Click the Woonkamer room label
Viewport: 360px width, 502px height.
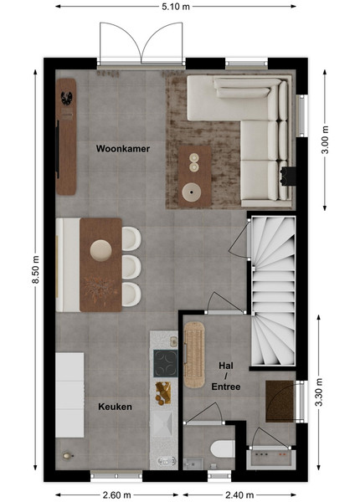click(x=123, y=149)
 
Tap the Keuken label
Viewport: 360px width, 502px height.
click(x=115, y=407)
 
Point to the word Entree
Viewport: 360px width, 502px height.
click(x=226, y=387)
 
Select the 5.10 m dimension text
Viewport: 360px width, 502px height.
click(x=176, y=7)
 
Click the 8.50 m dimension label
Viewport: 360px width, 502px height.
click(x=35, y=269)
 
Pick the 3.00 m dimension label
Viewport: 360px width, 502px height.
click(x=325, y=140)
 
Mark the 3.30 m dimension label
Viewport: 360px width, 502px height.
click(x=319, y=392)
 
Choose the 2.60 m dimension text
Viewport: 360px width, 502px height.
click(x=116, y=495)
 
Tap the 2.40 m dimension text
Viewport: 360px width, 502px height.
click(x=239, y=495)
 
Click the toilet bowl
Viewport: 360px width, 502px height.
click(x=223, y=448)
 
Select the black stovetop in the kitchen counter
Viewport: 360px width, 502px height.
click(x=166, y=363)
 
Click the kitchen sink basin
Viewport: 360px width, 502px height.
click(x=162, y=423)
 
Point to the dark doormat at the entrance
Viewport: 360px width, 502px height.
click(x=280, y=401)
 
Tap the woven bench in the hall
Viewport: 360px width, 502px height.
click(x=194, y=355)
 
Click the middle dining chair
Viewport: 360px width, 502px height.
click(x=131, y=267)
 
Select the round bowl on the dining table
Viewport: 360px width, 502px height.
click(x=101, y=250)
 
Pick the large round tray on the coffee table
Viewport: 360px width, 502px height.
click(x=192, y=192)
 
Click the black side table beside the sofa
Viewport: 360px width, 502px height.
click(x=288, y=176)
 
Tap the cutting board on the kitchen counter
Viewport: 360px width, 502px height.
click(x=163, y=393)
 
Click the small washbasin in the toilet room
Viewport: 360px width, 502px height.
click(x=193, y=464)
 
